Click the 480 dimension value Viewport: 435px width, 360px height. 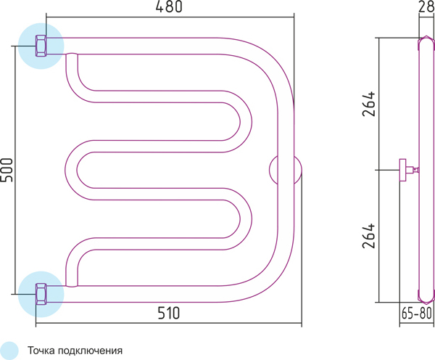click(x=169, y=7)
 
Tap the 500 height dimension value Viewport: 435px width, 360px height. click(x=7, y=170)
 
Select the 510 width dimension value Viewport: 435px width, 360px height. click(x=169, y=313)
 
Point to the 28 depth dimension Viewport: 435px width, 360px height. click(x=426, y=7)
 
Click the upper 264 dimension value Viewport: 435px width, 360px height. click(x=369, y=103)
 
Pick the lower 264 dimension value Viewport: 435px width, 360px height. click(x=369, y=236)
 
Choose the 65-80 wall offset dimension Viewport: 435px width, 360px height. click(x=417, y=314)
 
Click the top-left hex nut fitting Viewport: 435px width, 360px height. click(x=41, y=46)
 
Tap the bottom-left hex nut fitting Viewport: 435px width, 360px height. click(x=41, y=294)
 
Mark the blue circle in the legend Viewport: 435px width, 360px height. click(x=9, y=351)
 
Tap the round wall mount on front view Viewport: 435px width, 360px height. click(x=286, y=170)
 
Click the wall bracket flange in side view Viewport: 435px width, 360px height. click(x=402, y=170)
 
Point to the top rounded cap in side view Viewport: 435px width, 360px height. click(x=426, y=44)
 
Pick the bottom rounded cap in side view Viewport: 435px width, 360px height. click(x=426, y=296)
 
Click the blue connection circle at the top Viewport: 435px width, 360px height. click(x=41, y=46)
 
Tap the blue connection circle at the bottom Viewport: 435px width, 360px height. click(x=41, y=294)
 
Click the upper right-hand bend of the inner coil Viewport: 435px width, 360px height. click(x=238, y=121)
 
